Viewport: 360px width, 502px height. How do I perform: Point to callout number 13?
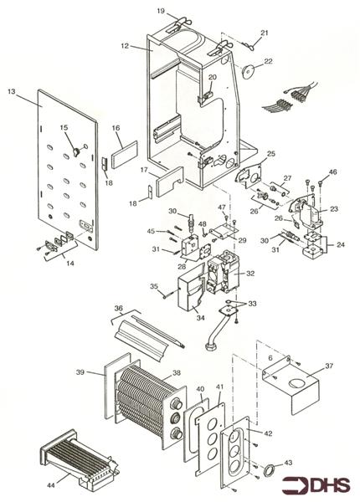click(x=12, y=90)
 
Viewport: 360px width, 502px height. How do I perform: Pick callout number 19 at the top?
click(x=160, y=10)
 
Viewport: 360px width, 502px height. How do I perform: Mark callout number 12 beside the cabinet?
click(x=124, y=47)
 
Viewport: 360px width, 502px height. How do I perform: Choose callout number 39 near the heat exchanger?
click(x=81, y=373)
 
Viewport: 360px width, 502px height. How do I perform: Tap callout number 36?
click(x=120, y=309)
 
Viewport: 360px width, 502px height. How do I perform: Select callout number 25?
click(x=270, y=155)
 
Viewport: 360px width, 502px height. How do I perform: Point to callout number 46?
click(x=332, y=172)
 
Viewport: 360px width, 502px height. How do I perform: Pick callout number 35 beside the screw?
click(x=154, y=287)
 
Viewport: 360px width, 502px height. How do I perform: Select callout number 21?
click(x=264, y=33)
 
